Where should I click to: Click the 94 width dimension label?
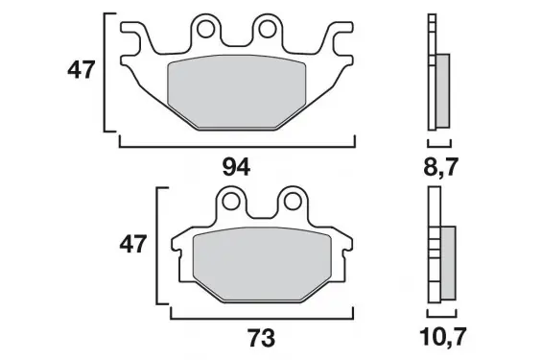[236, 167]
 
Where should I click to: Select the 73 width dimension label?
[261, 338]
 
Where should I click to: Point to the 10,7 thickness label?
[443, 337]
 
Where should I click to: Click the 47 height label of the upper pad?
[81, 70]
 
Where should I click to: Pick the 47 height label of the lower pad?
[133, 244]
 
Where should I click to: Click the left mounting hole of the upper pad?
[205, 30]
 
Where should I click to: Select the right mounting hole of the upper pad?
[268, 30]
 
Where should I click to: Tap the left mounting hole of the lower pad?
[230, 202]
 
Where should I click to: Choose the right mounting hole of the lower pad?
[293, 202]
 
